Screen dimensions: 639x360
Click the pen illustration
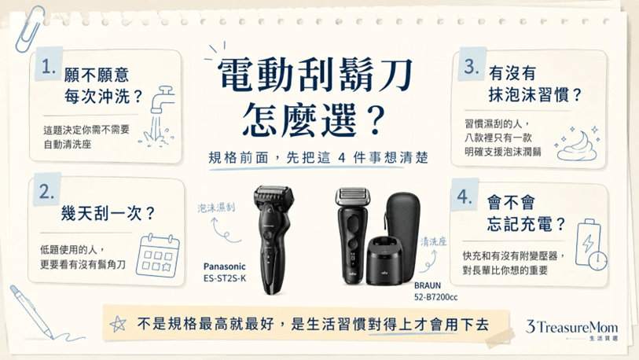31,312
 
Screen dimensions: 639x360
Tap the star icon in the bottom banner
118,324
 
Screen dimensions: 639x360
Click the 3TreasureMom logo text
571,327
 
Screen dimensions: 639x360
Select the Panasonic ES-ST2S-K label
225,272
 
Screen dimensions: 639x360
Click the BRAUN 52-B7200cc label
435,291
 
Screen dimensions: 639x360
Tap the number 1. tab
49,66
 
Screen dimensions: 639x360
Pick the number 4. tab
465,197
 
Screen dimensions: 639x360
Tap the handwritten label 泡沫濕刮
216,208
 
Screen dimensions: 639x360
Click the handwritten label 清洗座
433,241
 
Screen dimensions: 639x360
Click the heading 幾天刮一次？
108,213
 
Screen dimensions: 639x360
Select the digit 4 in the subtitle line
341,157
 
